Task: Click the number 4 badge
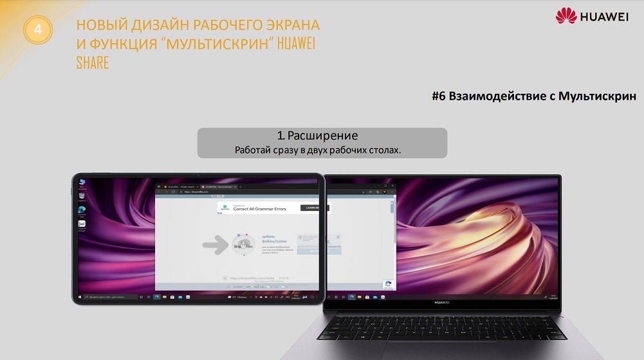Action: coord(38,30)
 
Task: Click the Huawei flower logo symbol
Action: coord(567,16)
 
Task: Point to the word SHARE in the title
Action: coord(92,63)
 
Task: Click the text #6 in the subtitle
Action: coord(440,96)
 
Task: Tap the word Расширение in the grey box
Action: coord(322,136)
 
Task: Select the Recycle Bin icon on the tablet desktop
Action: coord(82,184)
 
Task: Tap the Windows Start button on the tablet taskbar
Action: coord(80,297)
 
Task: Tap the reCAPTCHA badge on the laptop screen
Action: coord(388,283)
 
